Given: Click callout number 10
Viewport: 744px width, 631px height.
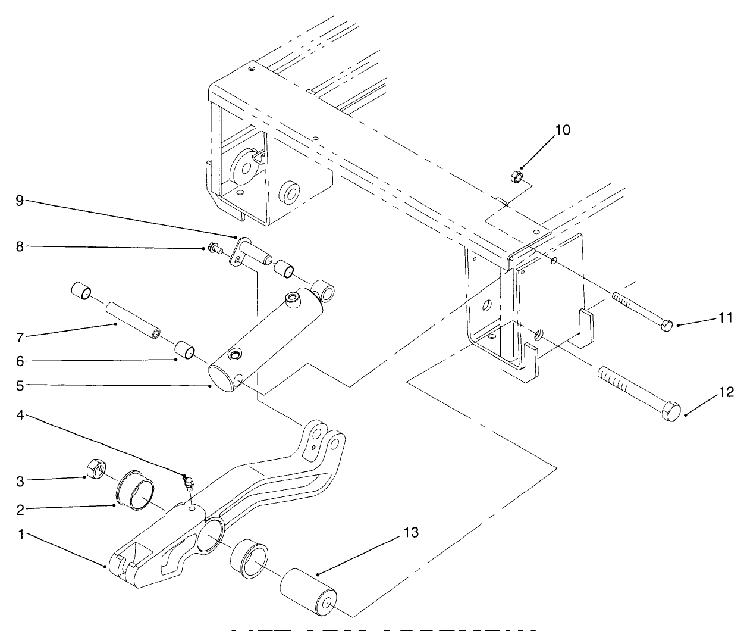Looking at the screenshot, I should [563, 130].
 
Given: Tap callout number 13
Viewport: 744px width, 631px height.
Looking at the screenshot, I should [410, 532].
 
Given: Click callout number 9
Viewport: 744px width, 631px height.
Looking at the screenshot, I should [20, 201].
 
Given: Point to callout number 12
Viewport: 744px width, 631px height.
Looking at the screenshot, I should [727, 392].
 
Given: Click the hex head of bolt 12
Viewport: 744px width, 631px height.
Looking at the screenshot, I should [671, 412].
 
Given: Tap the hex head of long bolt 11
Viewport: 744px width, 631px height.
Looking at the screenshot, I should [667, 325].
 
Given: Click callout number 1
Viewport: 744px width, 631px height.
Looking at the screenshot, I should [20, 535].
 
